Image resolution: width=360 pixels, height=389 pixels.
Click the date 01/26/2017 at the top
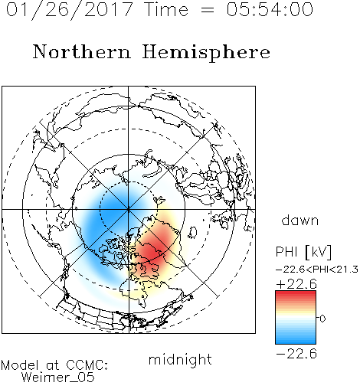tap(70, 10)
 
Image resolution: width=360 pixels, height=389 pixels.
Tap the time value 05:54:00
tap(270, 9)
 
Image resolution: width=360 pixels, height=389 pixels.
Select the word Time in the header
tap(166, 9)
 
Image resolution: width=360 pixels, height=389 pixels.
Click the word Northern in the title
tap(82, 51)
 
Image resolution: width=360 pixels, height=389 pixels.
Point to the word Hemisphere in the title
tap(206, 53)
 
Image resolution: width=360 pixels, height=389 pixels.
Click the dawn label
tap(300, 220)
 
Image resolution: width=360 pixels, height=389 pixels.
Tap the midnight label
tap(180, 360)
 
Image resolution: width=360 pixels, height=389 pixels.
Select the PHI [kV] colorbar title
tap(303, 252)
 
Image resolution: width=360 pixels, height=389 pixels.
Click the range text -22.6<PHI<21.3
tap(317, 270)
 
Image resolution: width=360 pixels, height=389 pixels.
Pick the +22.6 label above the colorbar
tap(296, 284)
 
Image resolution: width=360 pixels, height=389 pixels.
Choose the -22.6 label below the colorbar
tap(296, 354)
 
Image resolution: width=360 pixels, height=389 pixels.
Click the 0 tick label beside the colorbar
tap(322, 319)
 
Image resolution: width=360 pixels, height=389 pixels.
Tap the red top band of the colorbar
tap(296, 294)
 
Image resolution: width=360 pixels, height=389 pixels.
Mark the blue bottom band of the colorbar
tap(296, 340)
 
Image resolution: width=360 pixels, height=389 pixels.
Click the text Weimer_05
tap(58, 378)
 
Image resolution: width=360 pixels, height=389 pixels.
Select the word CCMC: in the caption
tap(87, 365)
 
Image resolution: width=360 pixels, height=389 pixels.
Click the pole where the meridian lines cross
tap(129, 209)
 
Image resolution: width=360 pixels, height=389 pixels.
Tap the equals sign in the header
tap(208, 10)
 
